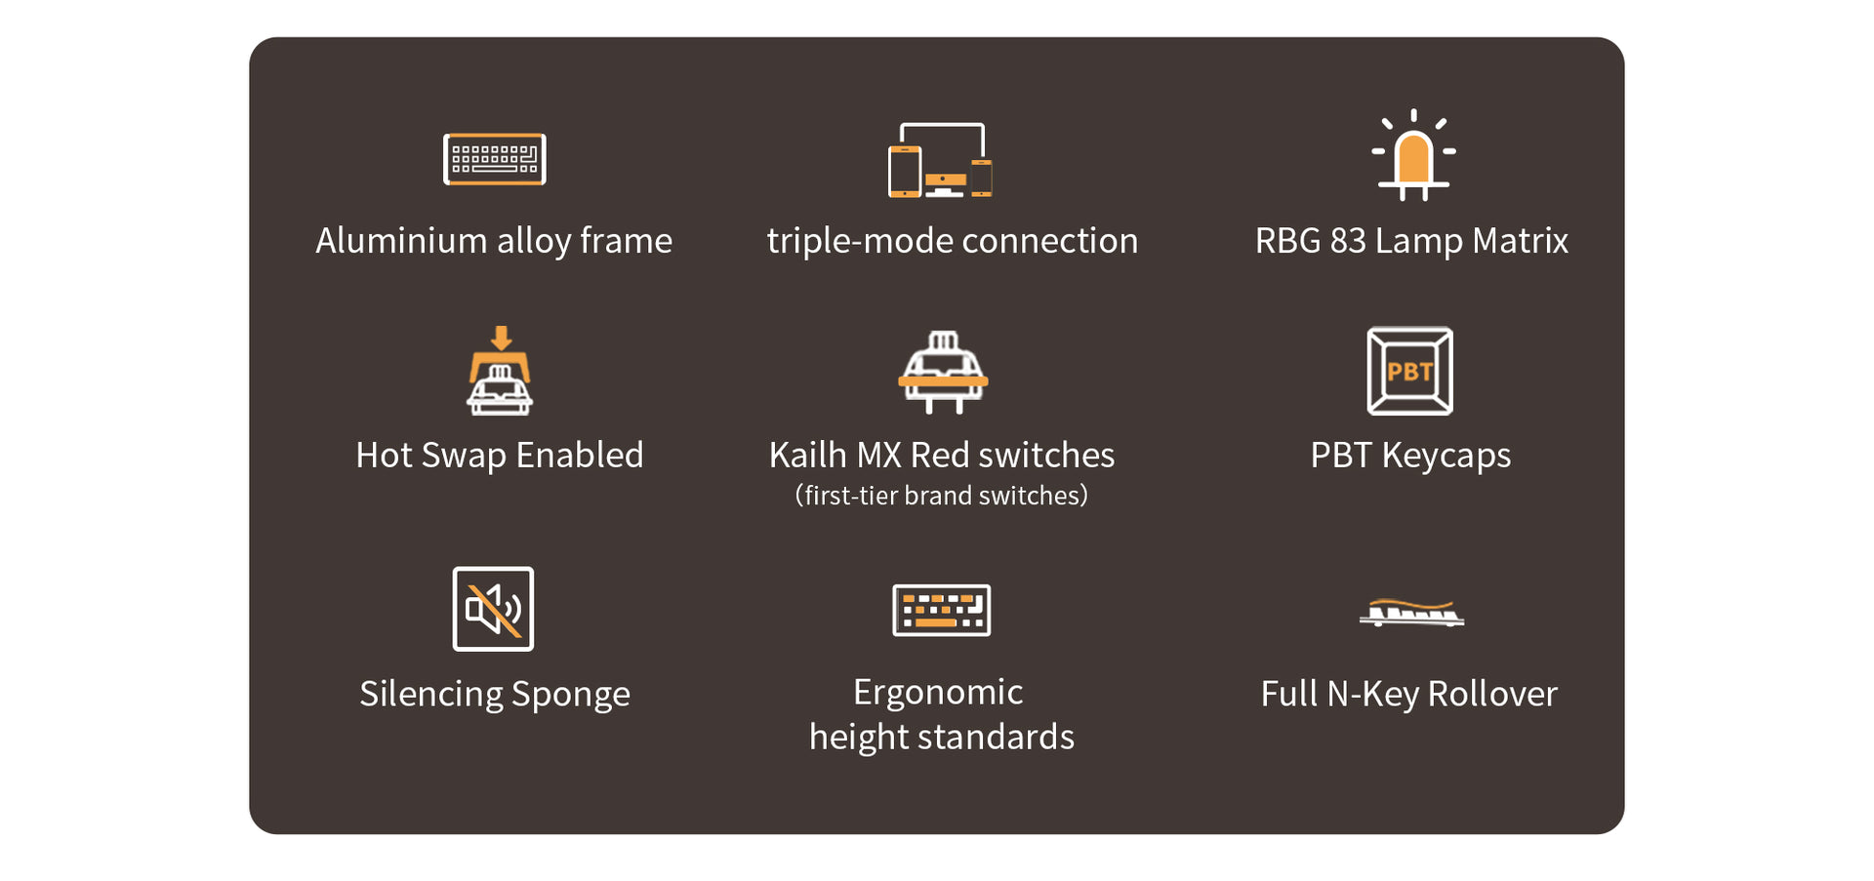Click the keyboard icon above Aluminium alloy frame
click(x=494, y=159)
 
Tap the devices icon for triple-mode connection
click(x=940, y=160)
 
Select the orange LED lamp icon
click(x=1412, y=156)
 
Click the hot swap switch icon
click(x=500, y=372)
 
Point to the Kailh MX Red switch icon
click(x=942, y=373)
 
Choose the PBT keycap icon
click(x=1409, y=371)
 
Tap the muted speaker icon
click(x=493, y=609)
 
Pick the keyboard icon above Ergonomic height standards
click(x=941, y=611)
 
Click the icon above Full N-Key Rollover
click(x=1411, y=613)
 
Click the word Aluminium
click(x=400, y=241)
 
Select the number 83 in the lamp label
click(x=1347, y=241)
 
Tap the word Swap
click(x=464, y=456)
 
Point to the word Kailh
click(x=807, y=456)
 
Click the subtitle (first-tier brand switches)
click(x=941, y=496)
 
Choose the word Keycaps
click(x=1446, y=456)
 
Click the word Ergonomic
click(x=938, y=693)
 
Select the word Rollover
click(x=1491, y=695)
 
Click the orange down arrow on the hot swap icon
click(x=501, y=338)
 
